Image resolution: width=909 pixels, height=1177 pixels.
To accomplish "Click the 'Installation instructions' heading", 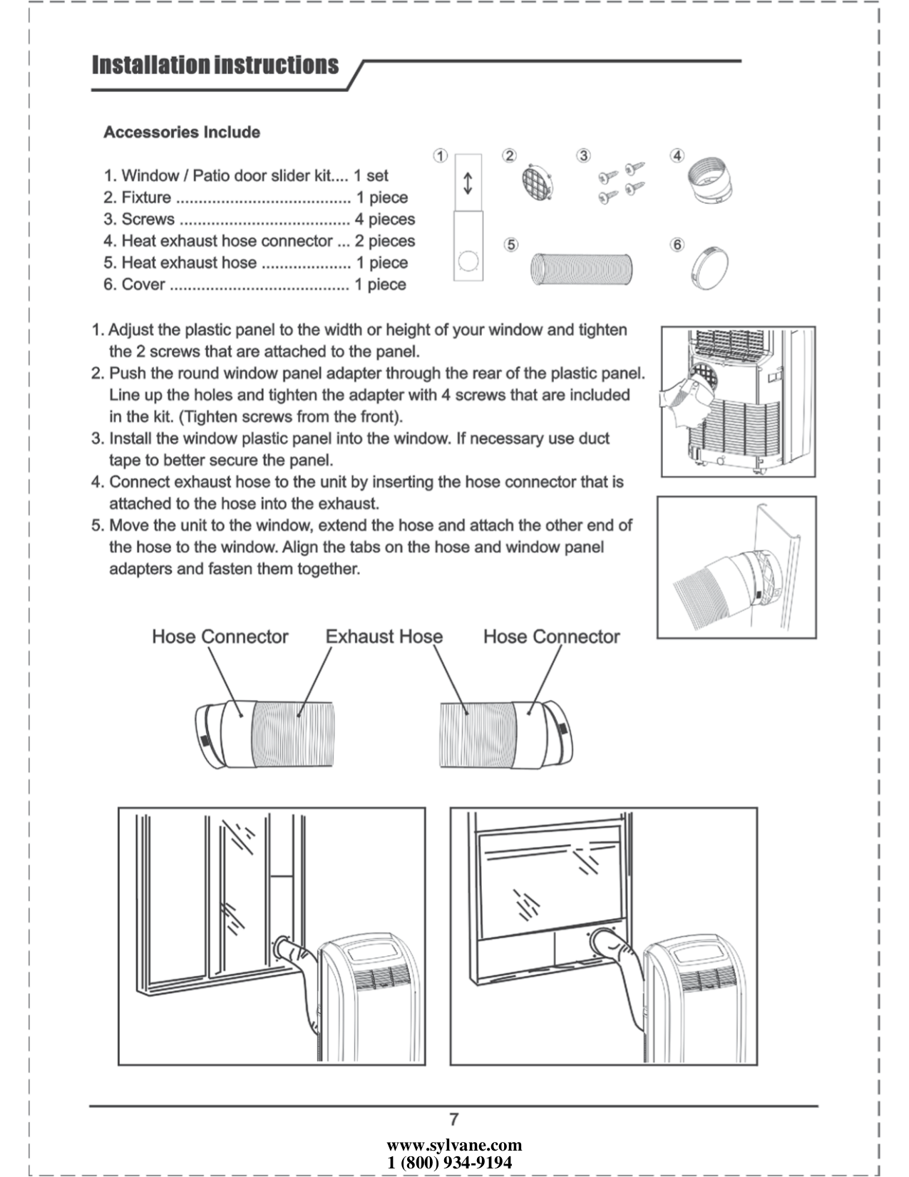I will pos(215,65).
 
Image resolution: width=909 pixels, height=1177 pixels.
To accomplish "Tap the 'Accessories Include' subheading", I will pos(182,132).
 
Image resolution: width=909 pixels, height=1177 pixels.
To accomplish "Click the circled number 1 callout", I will pos(441,156).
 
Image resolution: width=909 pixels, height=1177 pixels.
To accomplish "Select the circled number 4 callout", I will pos(677,155).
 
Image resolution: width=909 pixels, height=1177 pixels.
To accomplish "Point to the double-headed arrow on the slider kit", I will pos(468,183).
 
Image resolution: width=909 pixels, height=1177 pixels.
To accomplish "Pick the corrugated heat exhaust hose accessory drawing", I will pos(580,269).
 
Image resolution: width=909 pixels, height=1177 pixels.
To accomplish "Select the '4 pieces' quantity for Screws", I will pos(385,219).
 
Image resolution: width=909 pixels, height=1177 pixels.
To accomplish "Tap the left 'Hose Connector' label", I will pos(220,637).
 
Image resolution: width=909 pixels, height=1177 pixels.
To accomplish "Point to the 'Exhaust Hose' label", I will pos(384,637).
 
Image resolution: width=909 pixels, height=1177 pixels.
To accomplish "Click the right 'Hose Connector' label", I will pos(551,637).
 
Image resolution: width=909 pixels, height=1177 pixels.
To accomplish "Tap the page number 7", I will pos(454,1119).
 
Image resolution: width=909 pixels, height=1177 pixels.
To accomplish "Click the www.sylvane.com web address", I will pos(454,1146).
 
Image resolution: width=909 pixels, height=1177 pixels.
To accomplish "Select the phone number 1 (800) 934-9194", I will pos(450,1163).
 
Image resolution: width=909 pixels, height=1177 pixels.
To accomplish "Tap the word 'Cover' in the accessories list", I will pos(143,284).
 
